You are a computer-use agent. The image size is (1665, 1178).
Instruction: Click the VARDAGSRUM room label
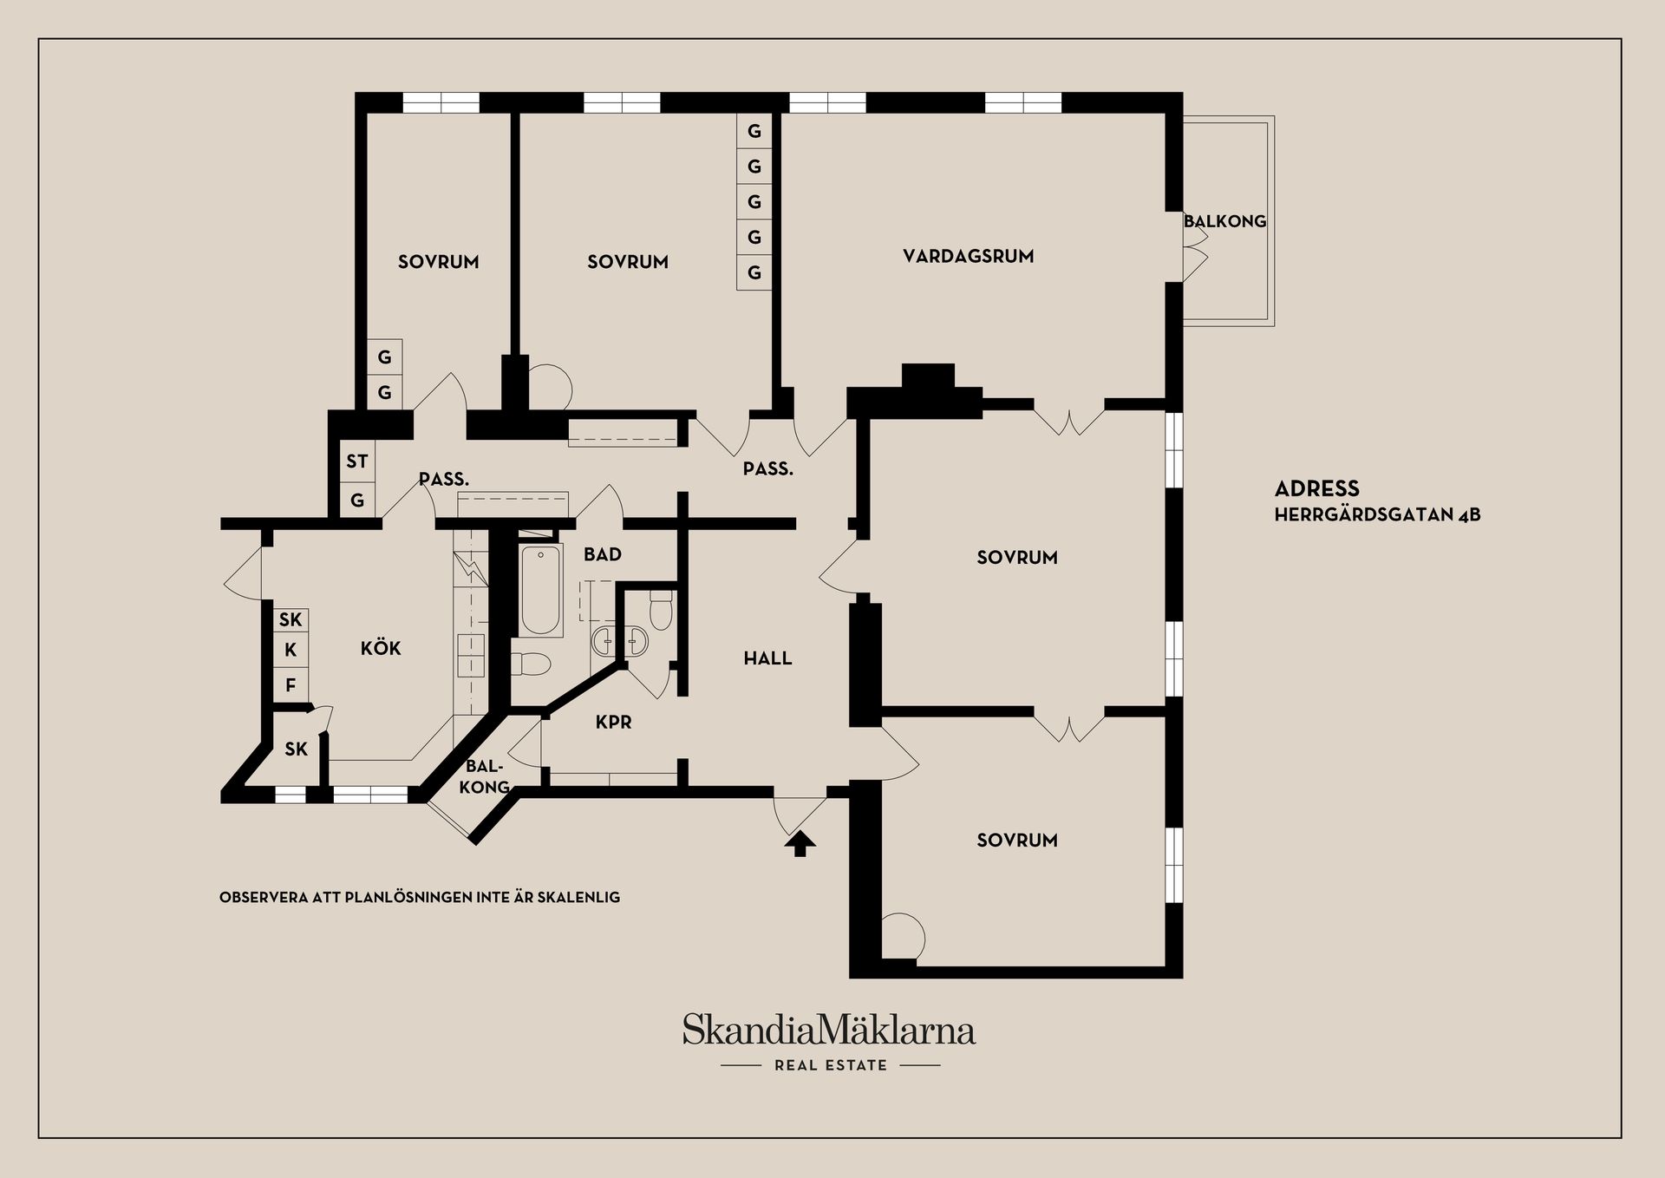pyautogui.click(x=968, y=256)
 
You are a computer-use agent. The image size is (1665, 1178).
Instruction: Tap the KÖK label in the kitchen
pyautogui.click(x=381, y=648)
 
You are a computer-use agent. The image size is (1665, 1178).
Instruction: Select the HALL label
pyautogui.click(x=767, y=658)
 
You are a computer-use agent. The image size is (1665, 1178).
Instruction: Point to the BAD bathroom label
pyautogui.click(x=602, y=554)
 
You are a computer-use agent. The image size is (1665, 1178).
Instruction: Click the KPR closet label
pyautogui.click(x=613, y=722)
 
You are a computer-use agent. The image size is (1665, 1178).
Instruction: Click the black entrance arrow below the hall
pyautogui.click(x=800, y=843)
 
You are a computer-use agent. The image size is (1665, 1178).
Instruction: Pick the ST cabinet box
pyautogui.click(x=357, y=461)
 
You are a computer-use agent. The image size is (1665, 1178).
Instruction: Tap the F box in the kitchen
pyautogui.click(x=291, y=685)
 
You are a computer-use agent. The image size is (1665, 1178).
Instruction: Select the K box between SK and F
pyautogui.click(x=291, y=650)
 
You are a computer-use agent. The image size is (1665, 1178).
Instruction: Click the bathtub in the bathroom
pyautogui.click(x=541, y=590)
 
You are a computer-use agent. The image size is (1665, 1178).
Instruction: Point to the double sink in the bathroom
pyautogui.click(x=620, y=641)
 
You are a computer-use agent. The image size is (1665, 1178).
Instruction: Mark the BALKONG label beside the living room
pyautogui.click(x=1225, y=221)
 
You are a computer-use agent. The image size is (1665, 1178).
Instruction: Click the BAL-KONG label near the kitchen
pyautogui.click(x=485, y=776)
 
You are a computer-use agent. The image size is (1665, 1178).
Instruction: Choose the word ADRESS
pyautogui.click(x=1316, y=488)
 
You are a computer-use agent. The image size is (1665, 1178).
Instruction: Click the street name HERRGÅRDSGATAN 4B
pyautogui.click(x=1377, y=514)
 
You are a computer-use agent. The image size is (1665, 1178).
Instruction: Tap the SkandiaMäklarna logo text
pyautogui.click(x=829, y=1030)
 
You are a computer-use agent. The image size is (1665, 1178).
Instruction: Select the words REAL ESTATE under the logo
pyautogui.click(x=831, y=1065)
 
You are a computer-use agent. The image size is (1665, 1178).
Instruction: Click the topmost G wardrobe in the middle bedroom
pyautogui.click(x=754, y=131)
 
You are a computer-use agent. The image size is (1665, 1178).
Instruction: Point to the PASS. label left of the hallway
pyautogui.click(x=444, y=479)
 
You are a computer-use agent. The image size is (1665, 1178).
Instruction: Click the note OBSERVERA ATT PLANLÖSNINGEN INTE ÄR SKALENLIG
pyautogui.click(x=420, y=897)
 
